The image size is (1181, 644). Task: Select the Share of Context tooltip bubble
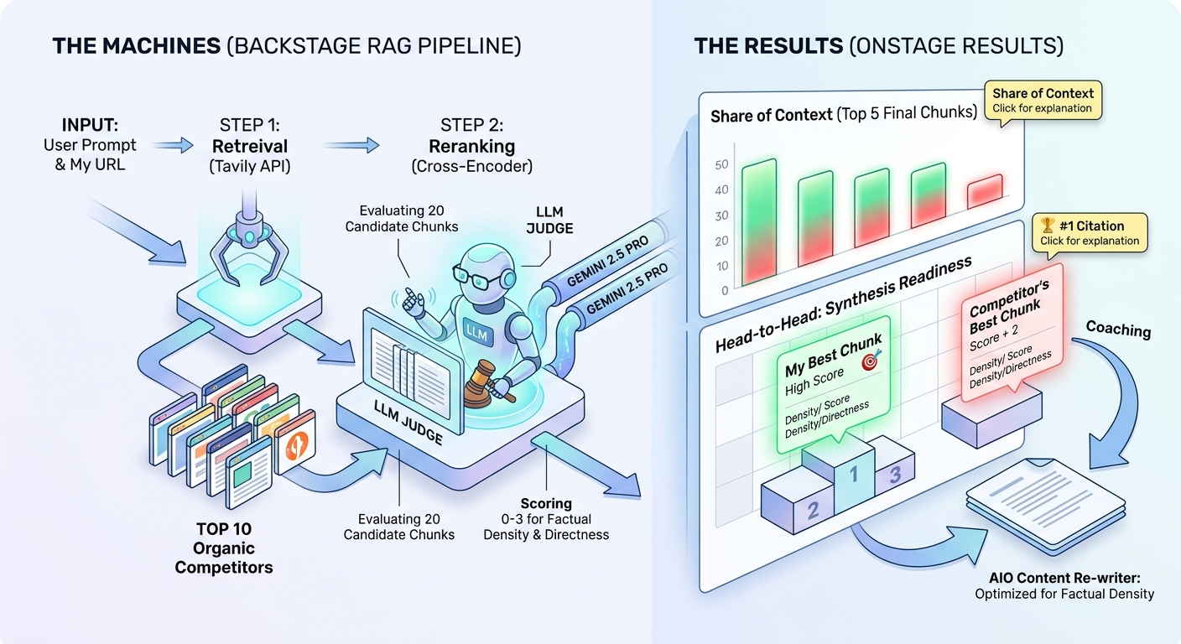(1042, 100)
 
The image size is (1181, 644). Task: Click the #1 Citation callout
(1090, 231)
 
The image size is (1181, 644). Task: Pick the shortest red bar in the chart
(985, 192)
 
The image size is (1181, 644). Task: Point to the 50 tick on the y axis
(721, 165)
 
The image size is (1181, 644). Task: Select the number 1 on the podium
(853, 476)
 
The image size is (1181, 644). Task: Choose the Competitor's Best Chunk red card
(1012, 331)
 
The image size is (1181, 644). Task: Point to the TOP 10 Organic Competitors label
(224, 548)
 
